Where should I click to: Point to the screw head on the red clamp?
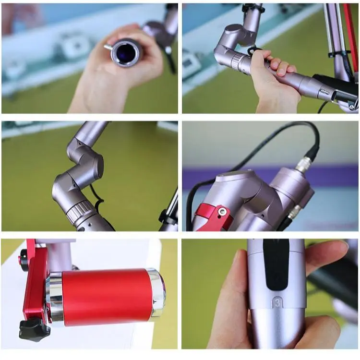222,211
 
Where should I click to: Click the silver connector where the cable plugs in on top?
302,166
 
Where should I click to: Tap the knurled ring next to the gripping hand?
238,61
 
